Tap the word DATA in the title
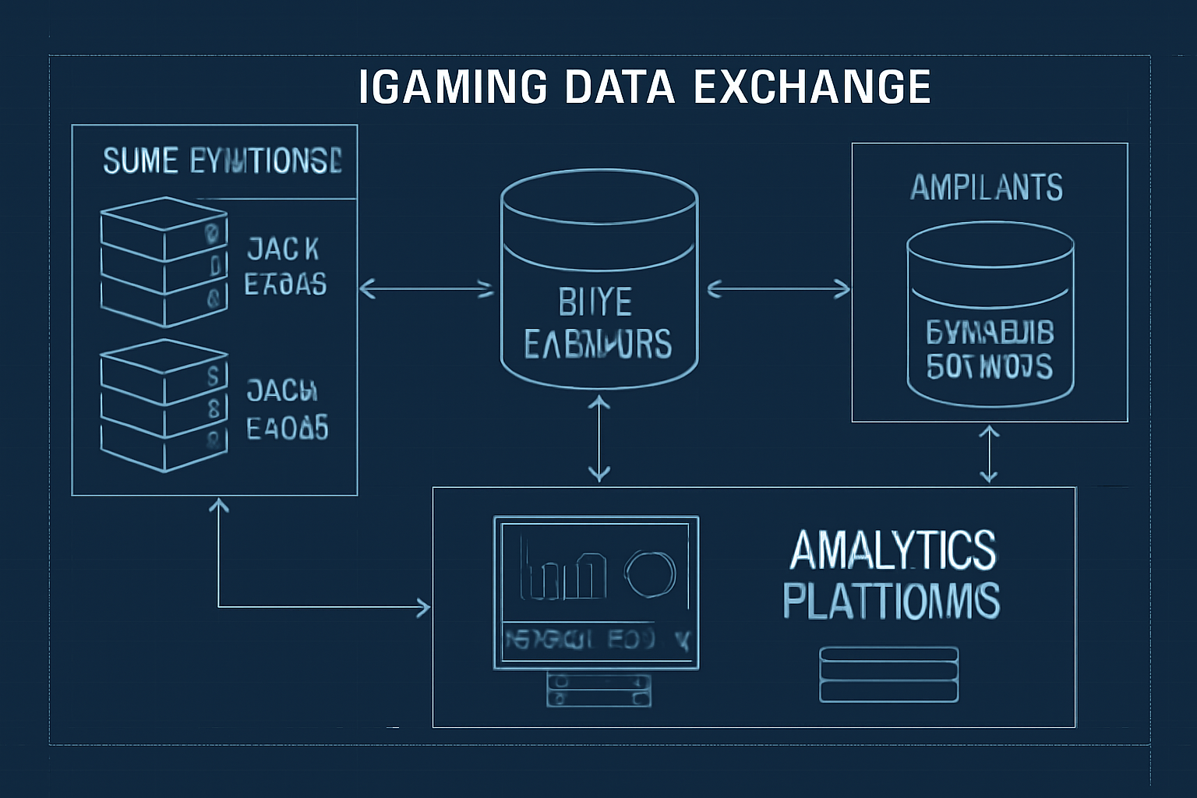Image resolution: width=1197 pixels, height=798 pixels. click(619, 87)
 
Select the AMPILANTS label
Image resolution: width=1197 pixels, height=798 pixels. click(987, 188)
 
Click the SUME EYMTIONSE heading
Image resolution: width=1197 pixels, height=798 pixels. click(222, 161)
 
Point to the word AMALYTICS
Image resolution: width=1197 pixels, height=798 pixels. click(893, 550)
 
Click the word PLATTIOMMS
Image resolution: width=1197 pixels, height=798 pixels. click(892, 601)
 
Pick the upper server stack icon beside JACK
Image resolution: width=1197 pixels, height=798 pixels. click(164, 262)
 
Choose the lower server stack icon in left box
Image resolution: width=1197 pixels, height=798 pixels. click(164, 405)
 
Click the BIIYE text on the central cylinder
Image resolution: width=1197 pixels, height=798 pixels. click(595, 302)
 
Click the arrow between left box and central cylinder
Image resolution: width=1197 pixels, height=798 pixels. click(426, 289)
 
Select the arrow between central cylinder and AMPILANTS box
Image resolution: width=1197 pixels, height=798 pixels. click(779, 289)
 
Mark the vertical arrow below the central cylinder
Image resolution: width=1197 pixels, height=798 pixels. click(599, 438)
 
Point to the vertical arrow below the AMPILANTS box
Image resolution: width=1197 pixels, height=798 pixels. click(989, 454)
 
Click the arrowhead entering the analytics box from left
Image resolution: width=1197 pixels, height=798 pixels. click(423, 607)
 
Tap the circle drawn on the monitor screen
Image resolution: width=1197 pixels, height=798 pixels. click(650, 574)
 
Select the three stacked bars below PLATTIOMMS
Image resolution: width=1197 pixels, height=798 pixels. click(889, 675)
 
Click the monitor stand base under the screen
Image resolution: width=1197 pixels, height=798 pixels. click(599, 690)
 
